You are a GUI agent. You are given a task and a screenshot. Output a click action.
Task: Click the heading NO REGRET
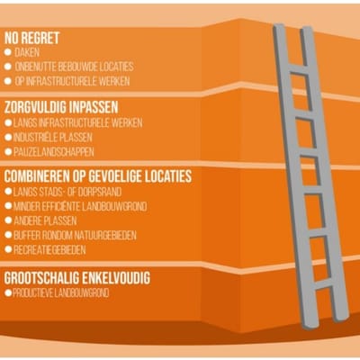click(31, 38)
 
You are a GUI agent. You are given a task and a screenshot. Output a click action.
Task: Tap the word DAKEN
click(27, 52)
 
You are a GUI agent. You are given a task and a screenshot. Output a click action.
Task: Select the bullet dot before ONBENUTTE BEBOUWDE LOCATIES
click(8, 67)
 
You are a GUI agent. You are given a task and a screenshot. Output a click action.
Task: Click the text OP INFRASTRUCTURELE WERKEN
click(72, 81)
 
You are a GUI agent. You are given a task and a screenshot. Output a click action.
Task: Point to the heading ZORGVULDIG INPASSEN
click(61, 107)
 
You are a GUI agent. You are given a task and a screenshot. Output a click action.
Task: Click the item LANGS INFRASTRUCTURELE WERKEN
click(78, 123)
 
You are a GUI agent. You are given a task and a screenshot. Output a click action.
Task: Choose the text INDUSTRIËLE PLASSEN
click(53, 138)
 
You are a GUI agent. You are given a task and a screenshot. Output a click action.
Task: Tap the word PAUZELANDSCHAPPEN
click(54, 152)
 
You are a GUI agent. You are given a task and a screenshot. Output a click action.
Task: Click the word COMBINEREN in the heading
click(37, 176)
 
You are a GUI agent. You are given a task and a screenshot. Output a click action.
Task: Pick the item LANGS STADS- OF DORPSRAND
click(67, 192)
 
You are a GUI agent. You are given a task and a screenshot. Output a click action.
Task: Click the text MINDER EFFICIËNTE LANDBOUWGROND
click(80, 206)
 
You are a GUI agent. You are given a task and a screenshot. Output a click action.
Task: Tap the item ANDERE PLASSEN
click(45, 221)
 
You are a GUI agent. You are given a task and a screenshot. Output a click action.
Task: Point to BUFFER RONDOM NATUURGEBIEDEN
click(75, 236)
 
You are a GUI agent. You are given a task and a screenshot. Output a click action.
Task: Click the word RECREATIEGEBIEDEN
click(49, 250)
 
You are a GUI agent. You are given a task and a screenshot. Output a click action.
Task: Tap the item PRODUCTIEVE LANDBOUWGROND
click(61, 293)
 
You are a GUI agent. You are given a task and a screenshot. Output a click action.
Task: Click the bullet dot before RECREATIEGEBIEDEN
click(8, 249)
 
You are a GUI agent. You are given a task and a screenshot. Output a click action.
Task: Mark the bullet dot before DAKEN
click(8, 52)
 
